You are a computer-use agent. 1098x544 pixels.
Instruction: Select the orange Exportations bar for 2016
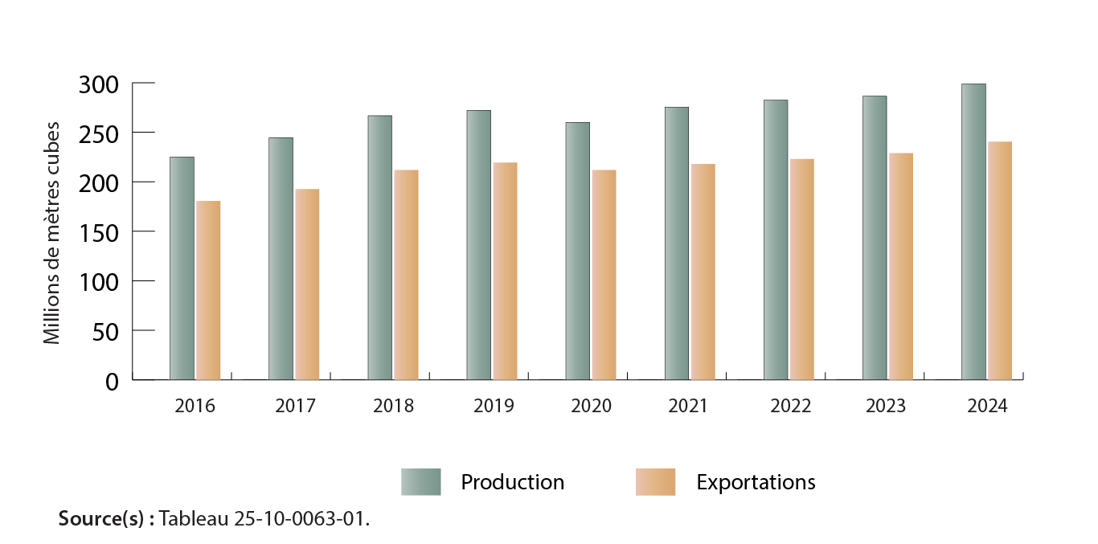(208, 290)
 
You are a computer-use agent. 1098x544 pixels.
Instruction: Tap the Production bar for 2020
(577, 251)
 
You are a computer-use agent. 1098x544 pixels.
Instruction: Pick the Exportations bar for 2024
(1000, 260)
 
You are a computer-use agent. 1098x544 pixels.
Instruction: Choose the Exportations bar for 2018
(406, 275)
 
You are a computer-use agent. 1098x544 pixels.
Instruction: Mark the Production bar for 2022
(776, 239)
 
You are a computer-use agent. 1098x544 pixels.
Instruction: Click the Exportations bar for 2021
(703, 272)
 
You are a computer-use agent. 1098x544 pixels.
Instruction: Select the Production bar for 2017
(281, 258)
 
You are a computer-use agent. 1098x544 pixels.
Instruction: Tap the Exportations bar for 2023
(901, 266)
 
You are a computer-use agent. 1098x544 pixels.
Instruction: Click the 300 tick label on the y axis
(100, 84)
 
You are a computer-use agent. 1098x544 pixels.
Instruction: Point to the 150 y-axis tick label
(100, 231)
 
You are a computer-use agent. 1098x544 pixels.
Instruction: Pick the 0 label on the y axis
(113, 381)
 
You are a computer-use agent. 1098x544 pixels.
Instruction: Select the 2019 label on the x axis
(493, 406)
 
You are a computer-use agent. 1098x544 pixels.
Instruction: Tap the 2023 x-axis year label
(886, 406)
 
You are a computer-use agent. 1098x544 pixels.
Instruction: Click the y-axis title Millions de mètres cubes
(52, 233)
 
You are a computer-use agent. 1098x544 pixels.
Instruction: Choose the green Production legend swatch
(421, 482)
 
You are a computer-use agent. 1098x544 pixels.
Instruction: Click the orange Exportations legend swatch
(655, 482)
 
